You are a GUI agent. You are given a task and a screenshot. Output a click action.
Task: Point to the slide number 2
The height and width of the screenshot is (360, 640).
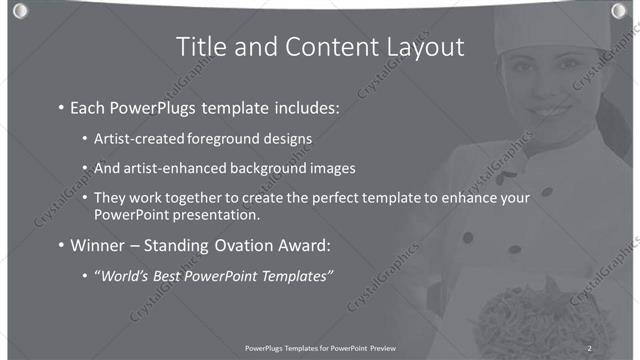(590, 347)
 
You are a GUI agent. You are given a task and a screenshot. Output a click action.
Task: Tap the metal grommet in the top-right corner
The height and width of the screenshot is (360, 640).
(620, 11)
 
